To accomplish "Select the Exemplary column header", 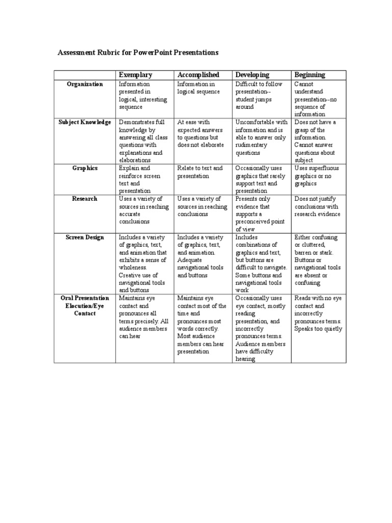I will click(135, 75).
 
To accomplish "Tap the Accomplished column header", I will click(198, 75).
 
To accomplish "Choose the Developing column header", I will click(252, 75).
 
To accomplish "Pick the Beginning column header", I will click(309, 75).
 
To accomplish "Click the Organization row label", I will click(85, 84).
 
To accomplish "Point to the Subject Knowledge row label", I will click(85, 123).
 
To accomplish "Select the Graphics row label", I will click(85, 168).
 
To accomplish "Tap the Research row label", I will click(85, 199).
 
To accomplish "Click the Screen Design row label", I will click(85, 237).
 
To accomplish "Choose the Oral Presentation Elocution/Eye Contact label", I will click(85, 305).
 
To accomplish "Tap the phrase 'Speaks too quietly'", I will click(318, 329).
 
